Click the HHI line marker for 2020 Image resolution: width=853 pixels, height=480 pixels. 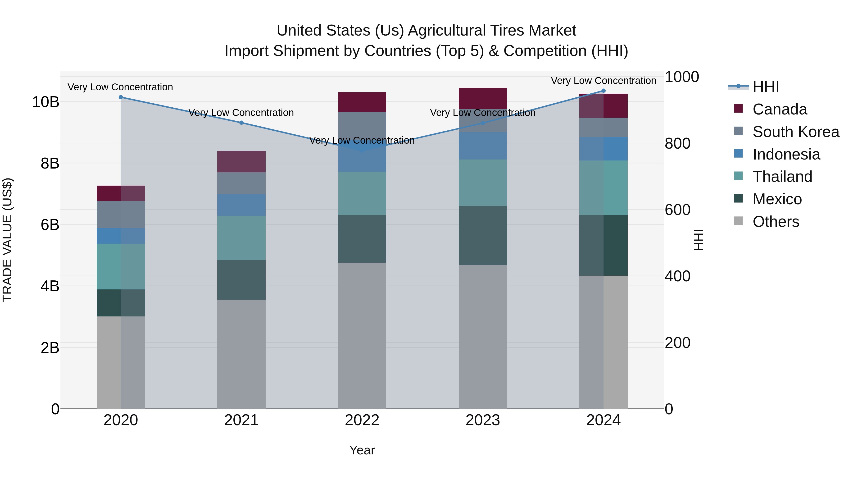pyautogui.click(x=121, y=97)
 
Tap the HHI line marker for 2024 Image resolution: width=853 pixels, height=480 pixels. pyautogui.click(x=603, y=91)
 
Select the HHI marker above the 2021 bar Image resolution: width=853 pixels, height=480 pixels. pyautogui.click(x=241, y=123)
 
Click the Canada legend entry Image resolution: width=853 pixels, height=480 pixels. pyautogui.click(x=780, y=109)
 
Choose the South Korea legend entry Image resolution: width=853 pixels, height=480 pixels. pyautogui.click(x=796, y=132)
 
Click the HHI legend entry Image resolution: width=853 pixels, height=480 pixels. pyautogui.click(x=766, y=87)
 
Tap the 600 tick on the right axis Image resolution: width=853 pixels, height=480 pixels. pyautogui.click(x=677, y=210)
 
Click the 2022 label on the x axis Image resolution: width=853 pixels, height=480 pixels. pyautogui.click(x=362, y=420)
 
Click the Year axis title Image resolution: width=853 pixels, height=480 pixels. pyautogui.click(x=362, y=450)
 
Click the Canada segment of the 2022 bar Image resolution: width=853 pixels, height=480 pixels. pyautogui.click(x=362, y=102)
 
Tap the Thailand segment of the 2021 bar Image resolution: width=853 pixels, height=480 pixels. pyautogui.click(x=241, y=238)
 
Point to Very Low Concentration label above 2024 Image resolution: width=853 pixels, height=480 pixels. pyautogui.click(x=603, y=81)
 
